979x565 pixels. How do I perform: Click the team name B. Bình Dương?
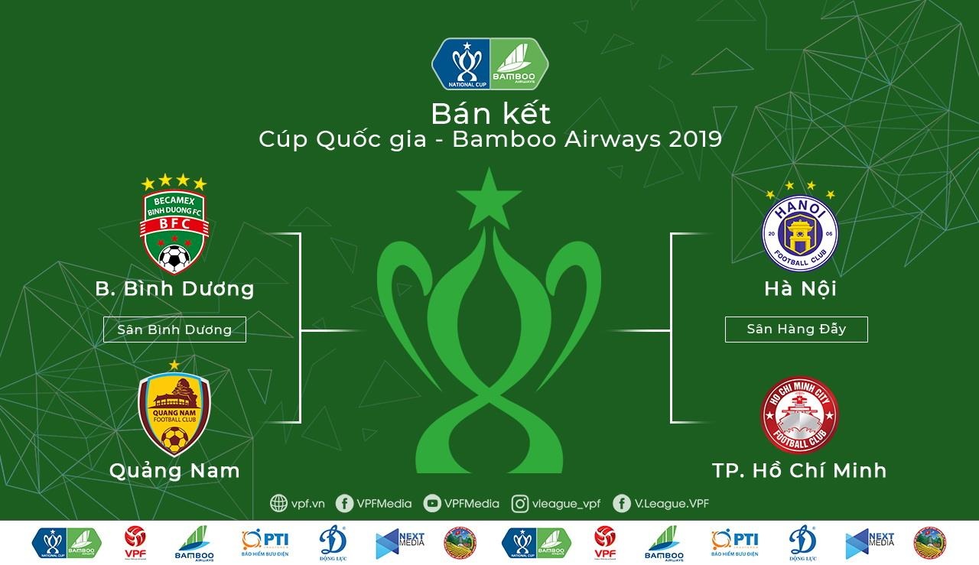pyautogui.click(x=174, y=289)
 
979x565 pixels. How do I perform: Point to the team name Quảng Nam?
pyautogui.click(x=174, y=470)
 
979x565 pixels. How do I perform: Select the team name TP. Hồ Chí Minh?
pyautogui.click(x=799, y=470)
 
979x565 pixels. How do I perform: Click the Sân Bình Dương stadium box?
pyautogui.click(x=174, y=330)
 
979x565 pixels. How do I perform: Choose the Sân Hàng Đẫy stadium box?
pyautogui.click(x=796, y=330)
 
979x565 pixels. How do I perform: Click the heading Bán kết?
pyautogui.click(x=490, y=114)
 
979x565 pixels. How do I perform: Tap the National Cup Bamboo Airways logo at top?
pyautogui.click(x=490, y=63)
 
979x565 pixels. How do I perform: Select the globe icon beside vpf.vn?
pyautogui.click(x=279, y=503)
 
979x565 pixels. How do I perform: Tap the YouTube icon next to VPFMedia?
pyautogui.click(x=432, y=503)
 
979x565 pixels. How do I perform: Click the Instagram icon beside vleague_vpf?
pyautogui.click(x=520, y=503)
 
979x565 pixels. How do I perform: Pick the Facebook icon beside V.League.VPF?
pyautogui.click(x=622, y=503)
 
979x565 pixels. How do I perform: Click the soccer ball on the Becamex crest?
pyautogui.click(x=174, y=259)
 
